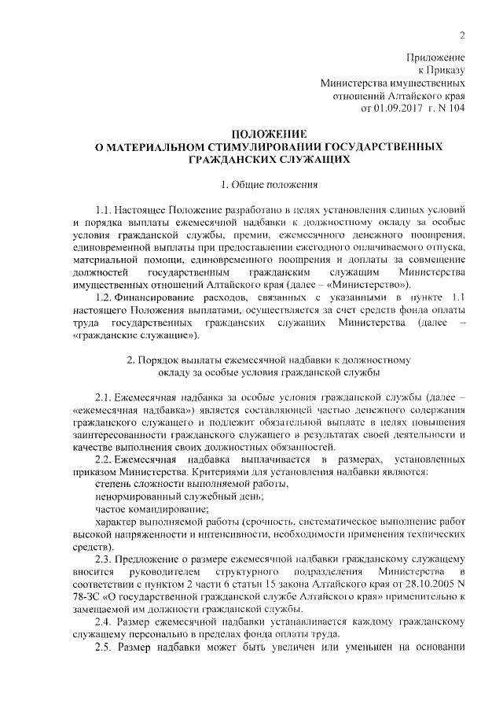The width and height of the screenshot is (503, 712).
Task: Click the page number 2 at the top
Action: [x=462, y=34]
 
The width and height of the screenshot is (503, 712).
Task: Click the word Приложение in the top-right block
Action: [x=436, y=57]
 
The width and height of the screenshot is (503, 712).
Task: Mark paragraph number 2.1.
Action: [x=104, y=397]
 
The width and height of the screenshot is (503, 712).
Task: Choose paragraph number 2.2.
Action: [x=103, y=459]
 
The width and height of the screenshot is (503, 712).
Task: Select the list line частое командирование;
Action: [x=146, y=509]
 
